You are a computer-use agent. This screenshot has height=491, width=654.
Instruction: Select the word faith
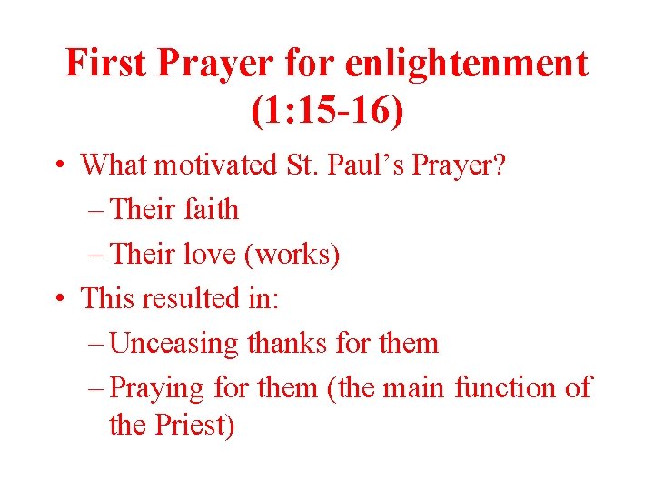coord(211,209)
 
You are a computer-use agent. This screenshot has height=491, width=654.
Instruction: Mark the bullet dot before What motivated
coord(57,165)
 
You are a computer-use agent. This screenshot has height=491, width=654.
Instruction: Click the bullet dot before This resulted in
coord(57,299)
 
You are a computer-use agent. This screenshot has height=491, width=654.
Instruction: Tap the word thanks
coord(288,343)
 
